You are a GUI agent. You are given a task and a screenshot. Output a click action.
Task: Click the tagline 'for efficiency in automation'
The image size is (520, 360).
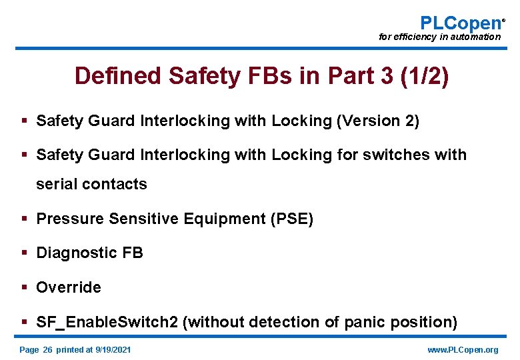pos(439,37)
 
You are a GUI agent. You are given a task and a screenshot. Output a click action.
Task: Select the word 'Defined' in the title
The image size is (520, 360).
pos(118,76)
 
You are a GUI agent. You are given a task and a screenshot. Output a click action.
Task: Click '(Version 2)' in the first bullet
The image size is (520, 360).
pos(378,121)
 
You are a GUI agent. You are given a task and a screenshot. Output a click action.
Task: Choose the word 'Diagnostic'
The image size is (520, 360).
pos(76,253)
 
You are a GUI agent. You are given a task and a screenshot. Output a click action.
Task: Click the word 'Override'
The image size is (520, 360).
pos(69,287)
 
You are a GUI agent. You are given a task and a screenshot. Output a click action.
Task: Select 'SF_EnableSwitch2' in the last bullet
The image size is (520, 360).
pos(107,322)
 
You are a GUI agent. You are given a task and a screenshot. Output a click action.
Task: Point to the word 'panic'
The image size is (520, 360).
pos(363,322)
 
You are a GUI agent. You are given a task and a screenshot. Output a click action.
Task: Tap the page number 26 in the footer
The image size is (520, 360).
pos(47,349)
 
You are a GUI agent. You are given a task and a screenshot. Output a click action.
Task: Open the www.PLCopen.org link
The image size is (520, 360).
pos(462,349)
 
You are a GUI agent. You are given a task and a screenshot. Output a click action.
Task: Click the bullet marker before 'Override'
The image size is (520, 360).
pos(24,287)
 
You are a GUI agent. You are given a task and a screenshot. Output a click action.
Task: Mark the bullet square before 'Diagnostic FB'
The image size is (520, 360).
pos(24,253)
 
